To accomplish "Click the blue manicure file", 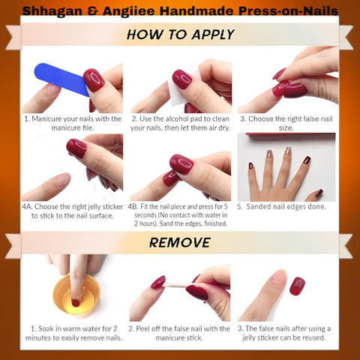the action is point(61,79).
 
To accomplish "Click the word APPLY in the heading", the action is point(213,34).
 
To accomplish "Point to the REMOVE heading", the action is point(180,242).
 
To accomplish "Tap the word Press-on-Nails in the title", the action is point(288,11).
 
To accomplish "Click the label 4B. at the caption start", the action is point(133,207).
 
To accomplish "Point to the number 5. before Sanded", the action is point(240,206).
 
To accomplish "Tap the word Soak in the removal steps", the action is point(46,328).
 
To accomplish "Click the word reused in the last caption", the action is point(314,337).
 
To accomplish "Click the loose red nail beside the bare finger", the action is point(297,286).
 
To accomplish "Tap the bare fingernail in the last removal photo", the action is point(278,278).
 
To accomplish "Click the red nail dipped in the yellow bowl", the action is point(75,303).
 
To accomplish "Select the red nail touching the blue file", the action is point(94,79).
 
